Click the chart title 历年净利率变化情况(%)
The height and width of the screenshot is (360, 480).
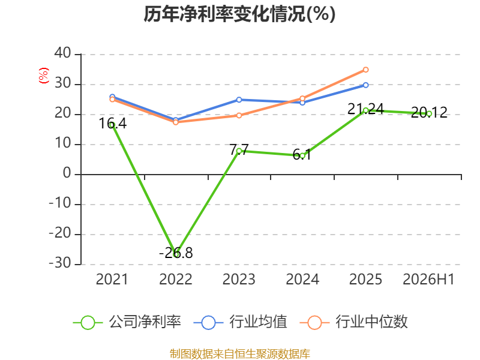click(x=239, y=14)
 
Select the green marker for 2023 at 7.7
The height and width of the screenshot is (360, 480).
click(x=239, y=151)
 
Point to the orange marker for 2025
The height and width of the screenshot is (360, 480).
click(x=365, y=70)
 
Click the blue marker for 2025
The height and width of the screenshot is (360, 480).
click(x=365, y=85)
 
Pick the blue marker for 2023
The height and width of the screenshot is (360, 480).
click(x=239, y=100)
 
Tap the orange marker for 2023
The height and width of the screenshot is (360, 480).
click(x=239, y=115)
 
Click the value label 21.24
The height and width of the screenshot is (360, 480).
click(x=365, y=109)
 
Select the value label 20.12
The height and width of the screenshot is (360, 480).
click(x=429, y=112)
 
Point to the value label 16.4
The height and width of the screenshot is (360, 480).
click(x=112, y=124)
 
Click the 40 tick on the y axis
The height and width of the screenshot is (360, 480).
click(x=63, y=53)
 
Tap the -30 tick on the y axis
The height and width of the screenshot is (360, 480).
click(x=60, y=263)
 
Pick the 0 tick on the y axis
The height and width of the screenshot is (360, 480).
click(x=67, y=173)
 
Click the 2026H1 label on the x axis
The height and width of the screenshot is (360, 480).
click(x=428, y=279)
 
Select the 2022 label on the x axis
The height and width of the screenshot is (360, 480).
click(x=176, y=279)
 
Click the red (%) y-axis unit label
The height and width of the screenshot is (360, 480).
click(x=43, y=76)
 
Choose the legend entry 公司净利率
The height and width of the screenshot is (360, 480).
click(x=127, y=322)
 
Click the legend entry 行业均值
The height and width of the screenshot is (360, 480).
click(x=241, y=322)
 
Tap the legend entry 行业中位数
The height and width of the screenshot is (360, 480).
click(x=353, y=322)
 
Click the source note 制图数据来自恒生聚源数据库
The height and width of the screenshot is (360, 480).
click(x=240, y=354)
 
